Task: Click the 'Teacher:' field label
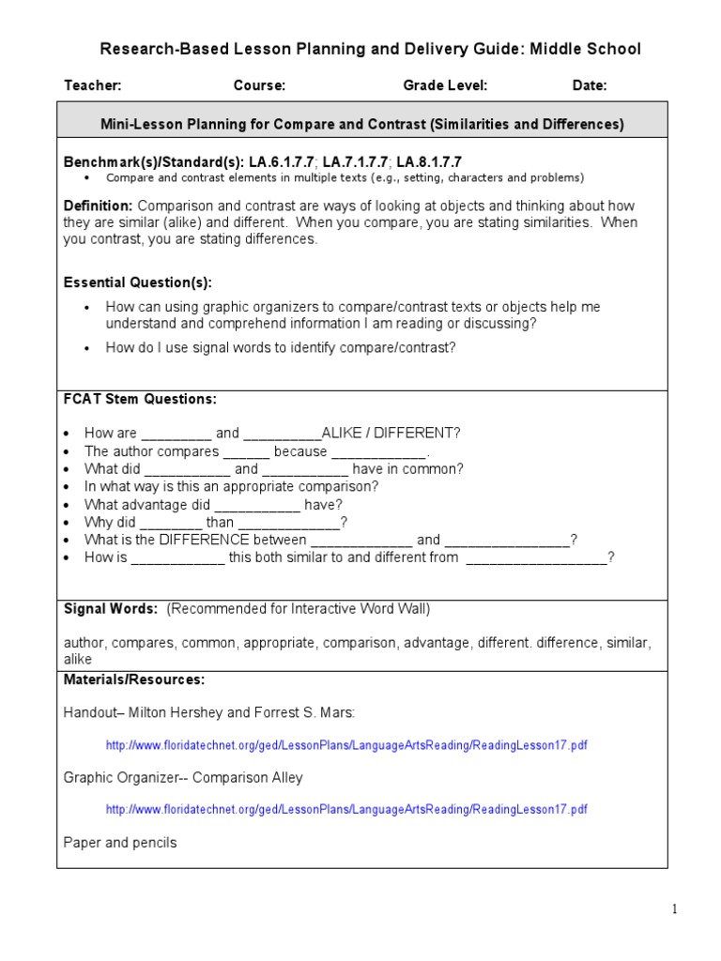pos(92,85)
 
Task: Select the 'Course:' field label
pos(259,85)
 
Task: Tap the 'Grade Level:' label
pos(445,85)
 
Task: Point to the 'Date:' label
pos(590,85)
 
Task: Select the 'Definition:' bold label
pos(98,206)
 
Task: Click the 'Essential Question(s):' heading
pos(137,282)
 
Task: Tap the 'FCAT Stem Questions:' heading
pos(140,399)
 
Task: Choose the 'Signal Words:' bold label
pos(111,609)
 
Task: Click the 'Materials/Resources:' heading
pos(134,679)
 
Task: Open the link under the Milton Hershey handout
pos(346,745)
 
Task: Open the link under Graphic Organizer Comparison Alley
pos(346,809)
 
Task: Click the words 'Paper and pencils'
pos(120,843)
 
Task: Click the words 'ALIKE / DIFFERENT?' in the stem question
pos(391,434)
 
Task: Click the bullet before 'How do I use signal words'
pos(86,348)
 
